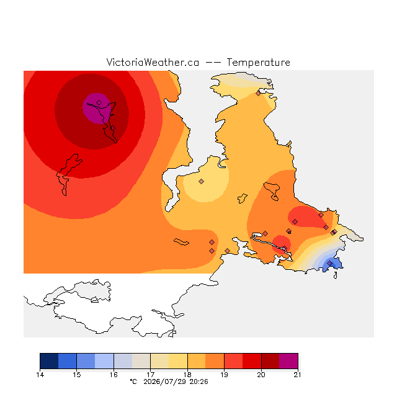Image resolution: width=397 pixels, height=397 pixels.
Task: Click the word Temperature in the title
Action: coord(258,62)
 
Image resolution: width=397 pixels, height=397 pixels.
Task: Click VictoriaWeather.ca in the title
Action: coord(153,62)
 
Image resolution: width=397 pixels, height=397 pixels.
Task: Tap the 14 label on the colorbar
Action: coord(40,375)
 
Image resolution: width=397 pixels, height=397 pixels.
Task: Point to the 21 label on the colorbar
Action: coord(298,375)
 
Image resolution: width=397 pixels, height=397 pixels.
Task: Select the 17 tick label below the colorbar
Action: coord(150,375)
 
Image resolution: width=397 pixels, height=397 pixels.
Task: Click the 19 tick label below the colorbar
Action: coord(224,375)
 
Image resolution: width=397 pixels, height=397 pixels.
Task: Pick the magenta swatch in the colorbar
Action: coord(288,361)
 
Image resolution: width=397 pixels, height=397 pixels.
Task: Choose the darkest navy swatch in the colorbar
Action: coord(49,361)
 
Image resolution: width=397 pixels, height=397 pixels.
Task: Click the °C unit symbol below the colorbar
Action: coord(133,381)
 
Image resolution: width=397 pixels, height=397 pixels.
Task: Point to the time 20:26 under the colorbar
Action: coord(198,381)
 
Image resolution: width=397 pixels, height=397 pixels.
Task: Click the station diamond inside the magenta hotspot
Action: coord(99,102)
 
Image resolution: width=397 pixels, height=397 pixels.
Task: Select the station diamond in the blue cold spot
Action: coord(329,263)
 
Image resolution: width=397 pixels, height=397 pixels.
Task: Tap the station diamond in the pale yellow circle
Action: coord(201,181)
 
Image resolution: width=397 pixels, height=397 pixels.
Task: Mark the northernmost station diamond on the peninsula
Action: coord(258,94)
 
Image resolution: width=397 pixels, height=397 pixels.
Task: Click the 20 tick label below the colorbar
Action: coord(261,375)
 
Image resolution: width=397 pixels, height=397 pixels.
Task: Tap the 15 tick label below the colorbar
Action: coord(77,375)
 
